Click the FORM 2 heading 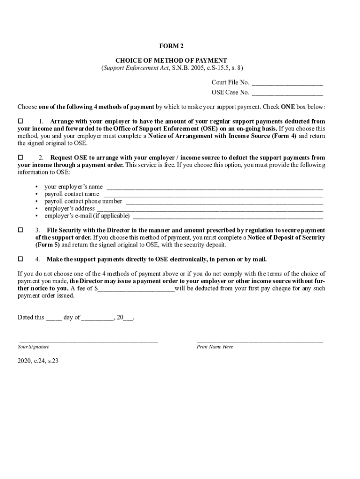171,46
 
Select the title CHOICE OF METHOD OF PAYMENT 171,60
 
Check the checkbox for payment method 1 21,122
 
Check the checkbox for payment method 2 21,158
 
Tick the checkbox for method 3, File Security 21,230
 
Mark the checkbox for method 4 21,259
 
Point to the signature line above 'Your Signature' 88,342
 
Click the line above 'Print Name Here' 260,342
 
